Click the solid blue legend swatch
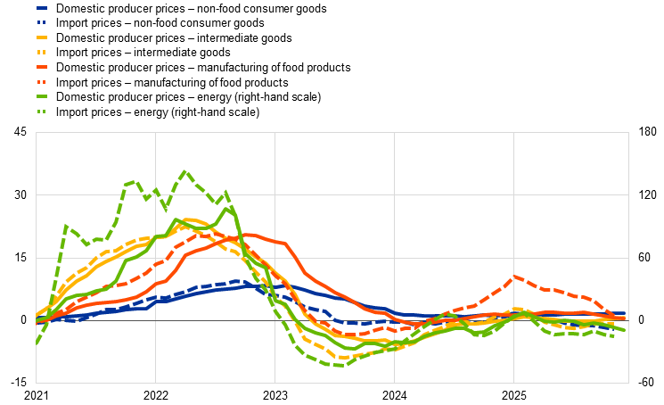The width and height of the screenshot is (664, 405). [42, 8]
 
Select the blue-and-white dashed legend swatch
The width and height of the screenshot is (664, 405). [42, 22]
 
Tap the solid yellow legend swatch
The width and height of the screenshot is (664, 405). [42, 37]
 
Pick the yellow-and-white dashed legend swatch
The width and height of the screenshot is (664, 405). [42, 52]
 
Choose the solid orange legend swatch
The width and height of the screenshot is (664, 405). [42, 67]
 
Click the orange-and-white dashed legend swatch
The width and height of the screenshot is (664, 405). [42, 82]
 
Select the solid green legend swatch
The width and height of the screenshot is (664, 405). [42, 96]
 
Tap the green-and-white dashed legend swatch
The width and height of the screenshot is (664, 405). [42, 112]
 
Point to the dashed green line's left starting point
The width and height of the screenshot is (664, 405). [37, 342]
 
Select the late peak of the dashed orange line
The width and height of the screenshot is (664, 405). [514, 277]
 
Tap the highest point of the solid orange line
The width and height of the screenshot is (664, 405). [248, 236]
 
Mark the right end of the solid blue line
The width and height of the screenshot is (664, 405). [624, 314]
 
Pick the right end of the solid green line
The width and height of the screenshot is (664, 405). [624, 330]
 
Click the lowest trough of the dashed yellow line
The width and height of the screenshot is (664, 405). [343, 358]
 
